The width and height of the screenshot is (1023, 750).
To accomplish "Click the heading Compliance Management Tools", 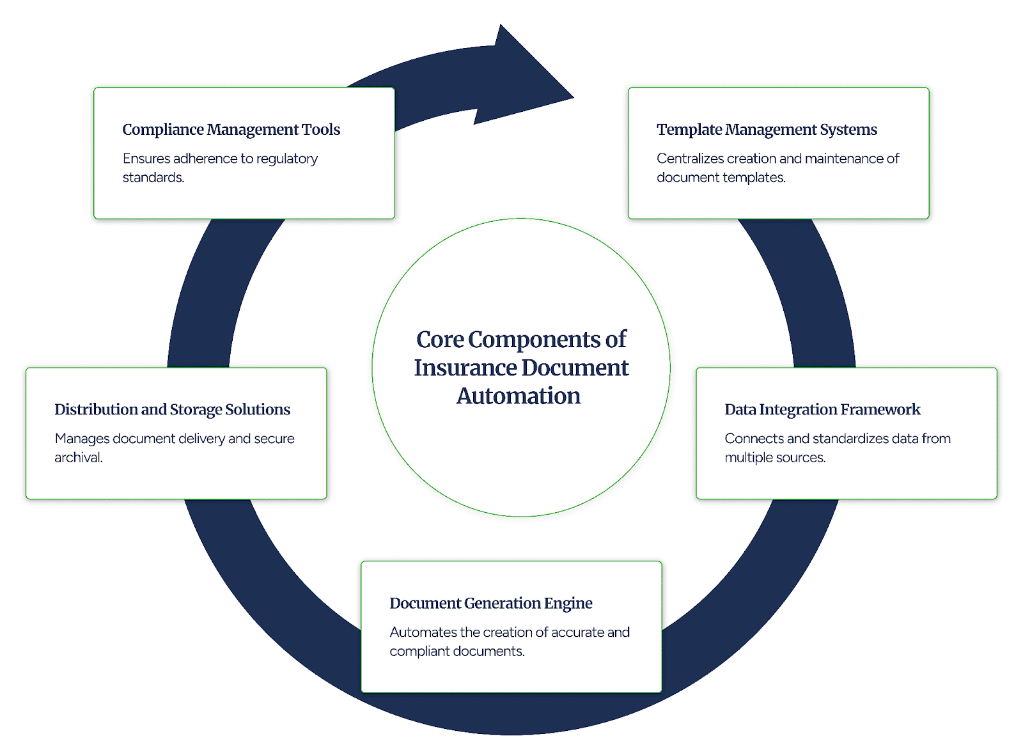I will (x=231, y=130).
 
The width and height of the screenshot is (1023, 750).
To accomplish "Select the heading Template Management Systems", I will (x=767, y=130).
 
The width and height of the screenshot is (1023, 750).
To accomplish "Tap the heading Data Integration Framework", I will (x=822, y=410).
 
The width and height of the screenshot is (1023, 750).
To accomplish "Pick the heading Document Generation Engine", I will (x=490, y=604).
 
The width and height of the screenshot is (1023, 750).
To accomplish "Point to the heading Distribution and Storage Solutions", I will (x=172, y=410).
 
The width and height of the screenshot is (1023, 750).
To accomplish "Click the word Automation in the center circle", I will (x=518, y=396).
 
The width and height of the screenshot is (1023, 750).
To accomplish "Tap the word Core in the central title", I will (x=440, y=340).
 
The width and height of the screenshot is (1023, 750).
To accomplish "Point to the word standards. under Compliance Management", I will (x=153, y=178).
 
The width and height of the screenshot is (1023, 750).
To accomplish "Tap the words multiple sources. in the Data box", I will (x=775, y=458).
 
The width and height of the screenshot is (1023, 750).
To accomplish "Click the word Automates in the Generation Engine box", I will (x=423, y=632).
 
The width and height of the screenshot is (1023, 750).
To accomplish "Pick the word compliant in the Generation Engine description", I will (x=419, y=652).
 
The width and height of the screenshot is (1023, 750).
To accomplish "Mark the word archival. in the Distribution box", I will (x=78, y=458).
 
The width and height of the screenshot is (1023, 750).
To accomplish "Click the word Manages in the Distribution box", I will (x=82, y=439).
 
